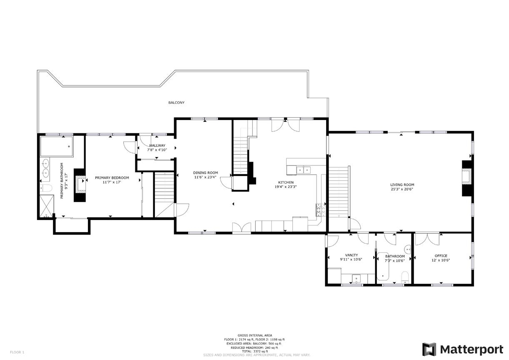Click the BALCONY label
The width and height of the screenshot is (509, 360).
[176, 102]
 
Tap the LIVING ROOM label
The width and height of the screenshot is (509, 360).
[402, 185]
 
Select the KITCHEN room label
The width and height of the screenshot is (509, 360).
[286, 182]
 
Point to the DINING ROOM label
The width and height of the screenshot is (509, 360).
[205, 172]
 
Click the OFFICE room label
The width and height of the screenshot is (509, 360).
[441, 256]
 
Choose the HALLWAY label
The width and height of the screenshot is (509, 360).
[157, 145]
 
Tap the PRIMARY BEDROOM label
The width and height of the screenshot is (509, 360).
[112, 177]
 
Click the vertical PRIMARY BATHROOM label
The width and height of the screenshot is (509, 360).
[62, 180]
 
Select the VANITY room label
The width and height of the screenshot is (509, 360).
[351, 255]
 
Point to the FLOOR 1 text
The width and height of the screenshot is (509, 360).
[17, 352]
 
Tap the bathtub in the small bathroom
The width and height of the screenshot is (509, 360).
[383, 266]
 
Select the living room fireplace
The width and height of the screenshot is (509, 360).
[467, 178]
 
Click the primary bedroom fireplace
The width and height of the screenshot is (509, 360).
[80, 185]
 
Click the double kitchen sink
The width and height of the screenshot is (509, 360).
[303, 170]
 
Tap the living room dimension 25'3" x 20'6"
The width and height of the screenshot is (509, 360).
[402, 189]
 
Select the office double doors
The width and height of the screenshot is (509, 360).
[427, 238]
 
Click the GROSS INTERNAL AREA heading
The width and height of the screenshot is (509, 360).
[255, 335]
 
